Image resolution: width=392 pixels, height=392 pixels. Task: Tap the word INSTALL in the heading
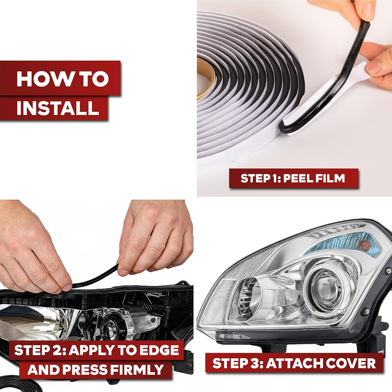58,108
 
